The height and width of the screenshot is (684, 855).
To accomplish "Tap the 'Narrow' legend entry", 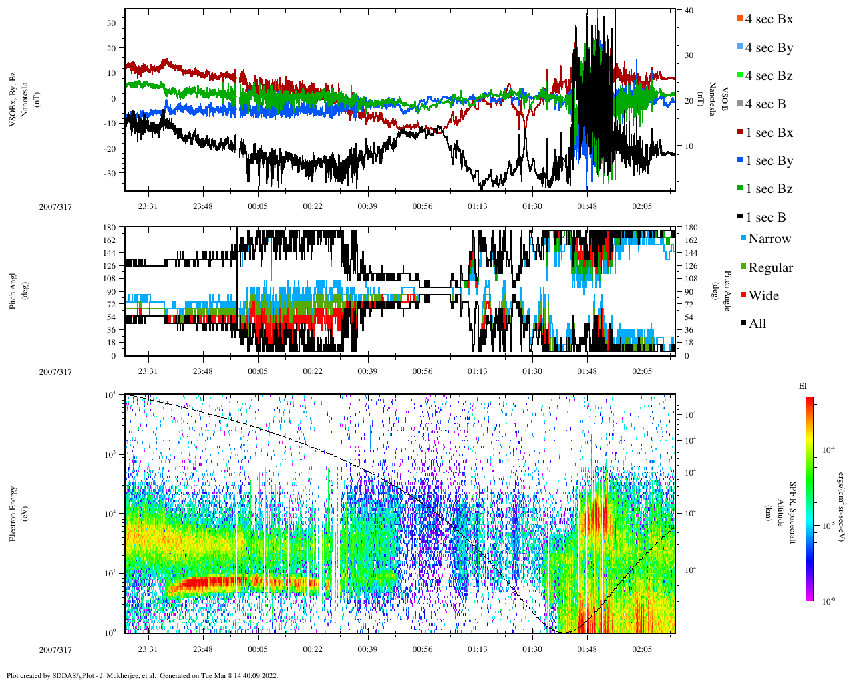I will [769, 239].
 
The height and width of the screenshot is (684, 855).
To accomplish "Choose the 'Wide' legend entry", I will [763, 296].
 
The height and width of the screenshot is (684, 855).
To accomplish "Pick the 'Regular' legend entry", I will [769, 268].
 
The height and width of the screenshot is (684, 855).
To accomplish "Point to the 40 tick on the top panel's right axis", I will [688, 11].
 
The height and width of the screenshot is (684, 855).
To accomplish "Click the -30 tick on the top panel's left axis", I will [111, 173].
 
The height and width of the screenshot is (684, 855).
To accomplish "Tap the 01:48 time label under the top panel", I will [587, 206].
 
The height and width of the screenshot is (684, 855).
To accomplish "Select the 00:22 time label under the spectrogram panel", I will [312, 649].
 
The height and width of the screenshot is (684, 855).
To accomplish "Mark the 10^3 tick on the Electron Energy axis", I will [111, 454].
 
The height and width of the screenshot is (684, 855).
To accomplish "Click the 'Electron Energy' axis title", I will [13, 514].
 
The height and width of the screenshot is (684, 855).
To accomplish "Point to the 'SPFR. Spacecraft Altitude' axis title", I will [781, 513].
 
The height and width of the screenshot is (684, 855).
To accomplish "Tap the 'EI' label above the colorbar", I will [803, 385].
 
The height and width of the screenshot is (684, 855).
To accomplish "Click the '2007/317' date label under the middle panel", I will [55, 372].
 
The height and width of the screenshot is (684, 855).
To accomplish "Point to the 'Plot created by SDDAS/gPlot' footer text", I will [142, 675].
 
